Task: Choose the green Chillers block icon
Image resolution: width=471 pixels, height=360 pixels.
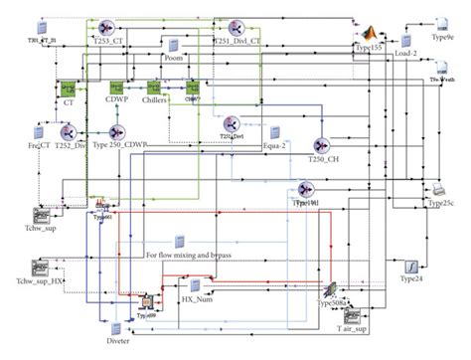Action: pyautogui.click(x=155, y=88)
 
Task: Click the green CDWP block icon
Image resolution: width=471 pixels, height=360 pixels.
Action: pyautogui.click(x=115, y=88)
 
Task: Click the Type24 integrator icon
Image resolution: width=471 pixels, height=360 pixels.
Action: pyautogui.click(x=410, y=267)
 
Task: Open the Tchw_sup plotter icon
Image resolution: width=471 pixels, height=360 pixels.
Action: pyautogui.click(x=42, y=216)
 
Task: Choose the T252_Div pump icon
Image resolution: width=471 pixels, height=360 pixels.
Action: pyautogui.click(x=71, y=132)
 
